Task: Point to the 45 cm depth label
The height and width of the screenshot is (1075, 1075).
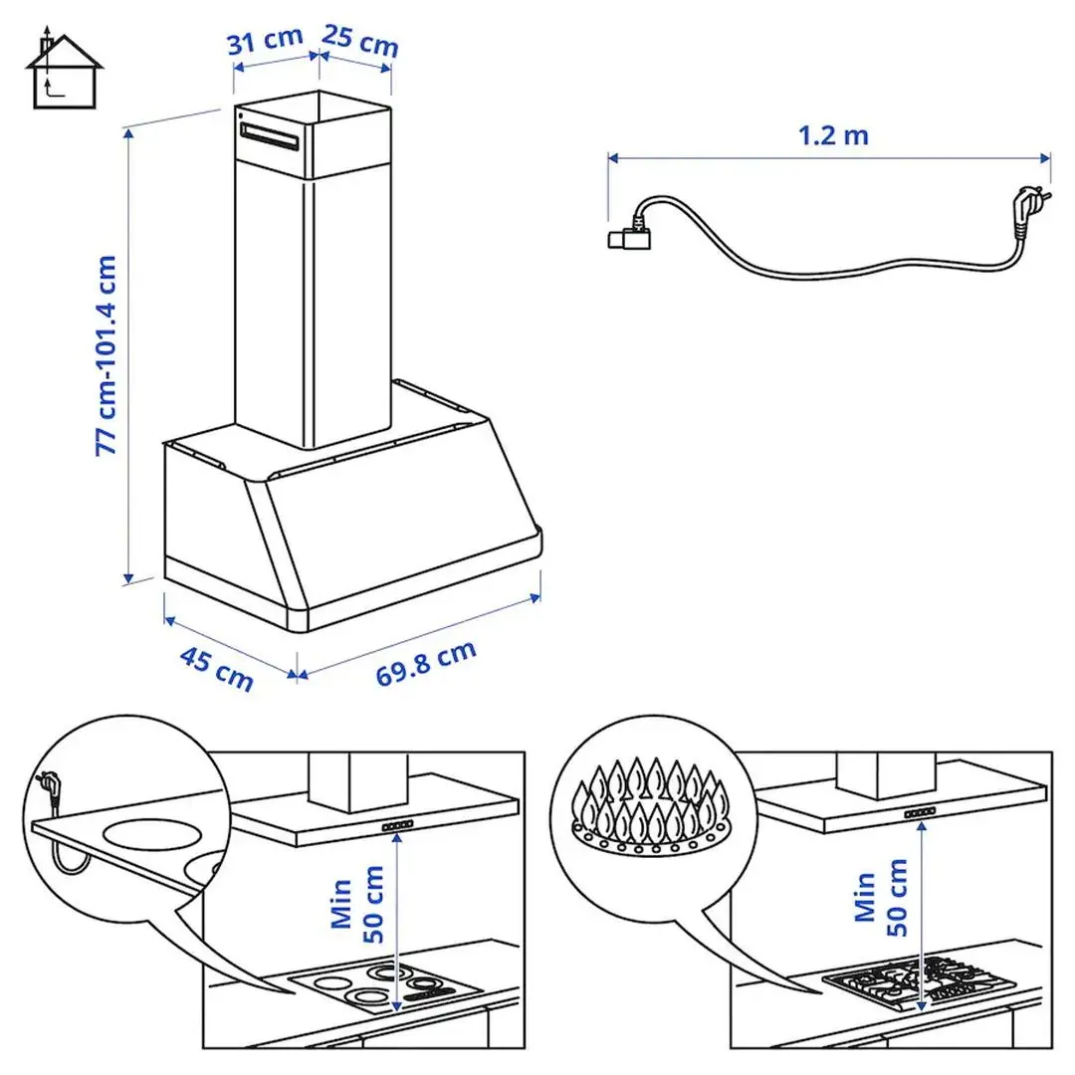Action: pyautogui.click(x=216, y=667)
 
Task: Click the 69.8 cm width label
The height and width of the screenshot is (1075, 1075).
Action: pyautogui.click(x=426, y=663)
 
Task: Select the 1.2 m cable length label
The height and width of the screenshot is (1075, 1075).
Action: pyautogui.click(x=833, y=134)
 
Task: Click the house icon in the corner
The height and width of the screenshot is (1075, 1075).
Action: pyautogui.click(x=65, y=71)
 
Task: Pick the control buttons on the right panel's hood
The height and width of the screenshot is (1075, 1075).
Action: pyautogui.click(x=920, y=815)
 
